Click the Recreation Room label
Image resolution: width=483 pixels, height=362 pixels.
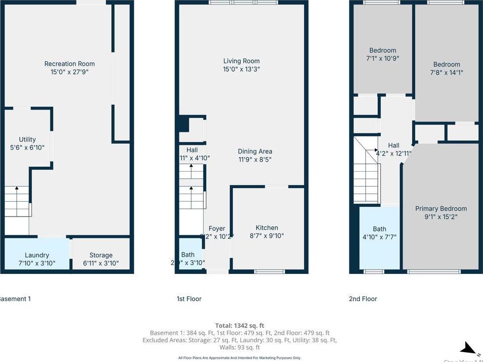[69, 64]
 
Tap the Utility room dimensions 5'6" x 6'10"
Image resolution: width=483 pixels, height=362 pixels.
[27, 148]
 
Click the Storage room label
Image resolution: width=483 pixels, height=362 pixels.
[101, 255]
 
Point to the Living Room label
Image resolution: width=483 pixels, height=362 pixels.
[241, 61]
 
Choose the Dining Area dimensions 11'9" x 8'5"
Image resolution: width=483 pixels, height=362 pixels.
[255, 160]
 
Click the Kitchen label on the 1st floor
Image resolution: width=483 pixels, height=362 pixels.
[267, 227]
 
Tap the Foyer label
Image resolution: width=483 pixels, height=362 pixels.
[217, 228]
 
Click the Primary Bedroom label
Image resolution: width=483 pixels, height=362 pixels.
[440, 209]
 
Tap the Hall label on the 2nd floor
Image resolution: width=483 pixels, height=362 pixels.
[394, 145]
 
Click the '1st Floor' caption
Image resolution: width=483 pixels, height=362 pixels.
[189, 299]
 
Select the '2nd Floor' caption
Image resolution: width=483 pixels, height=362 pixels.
[363, 299]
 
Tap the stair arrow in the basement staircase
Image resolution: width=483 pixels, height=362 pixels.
[16, 188]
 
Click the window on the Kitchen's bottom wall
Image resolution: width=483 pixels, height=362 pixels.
[269, 271]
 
